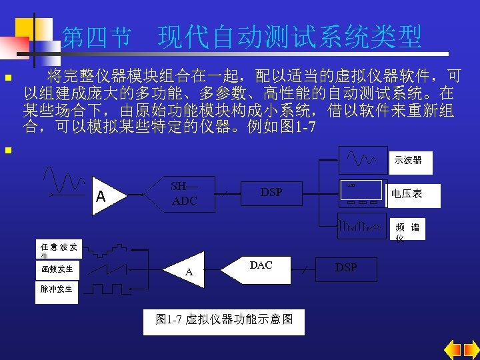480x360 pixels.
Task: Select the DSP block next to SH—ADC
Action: [271, 193]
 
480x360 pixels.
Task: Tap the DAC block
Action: [261, 265]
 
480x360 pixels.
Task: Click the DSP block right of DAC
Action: [346, 267]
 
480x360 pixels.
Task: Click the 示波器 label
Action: [407, 161]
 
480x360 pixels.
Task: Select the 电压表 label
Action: [407, 193]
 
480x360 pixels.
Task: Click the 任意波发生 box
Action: [59, 250]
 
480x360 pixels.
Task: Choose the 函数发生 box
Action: [59, 269]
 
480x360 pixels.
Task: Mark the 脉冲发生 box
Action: [59, 289]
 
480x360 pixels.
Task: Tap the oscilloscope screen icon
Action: [363, 161]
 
